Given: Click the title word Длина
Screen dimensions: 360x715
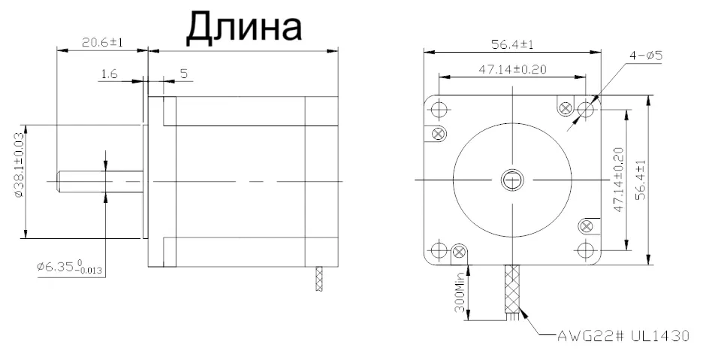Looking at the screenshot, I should [x=243, y=26].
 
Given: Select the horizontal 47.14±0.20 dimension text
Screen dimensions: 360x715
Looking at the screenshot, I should [x=512, y=69].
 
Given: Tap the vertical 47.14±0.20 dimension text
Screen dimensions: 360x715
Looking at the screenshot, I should [x=617, y=179].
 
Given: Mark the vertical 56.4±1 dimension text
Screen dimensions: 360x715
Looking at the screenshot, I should [x=640, y=179].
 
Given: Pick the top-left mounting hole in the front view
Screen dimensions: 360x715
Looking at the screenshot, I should [x=439, y=110].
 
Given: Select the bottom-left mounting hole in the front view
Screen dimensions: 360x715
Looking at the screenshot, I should [x=439, y=250].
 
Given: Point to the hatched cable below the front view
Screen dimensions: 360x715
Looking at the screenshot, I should [x=514, y=289].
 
